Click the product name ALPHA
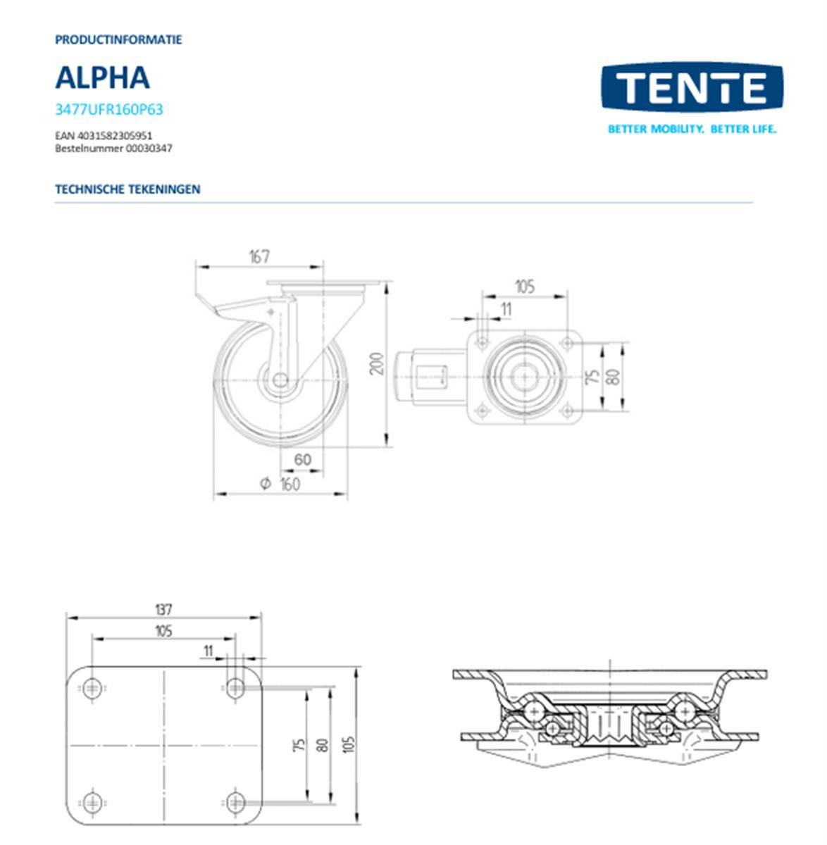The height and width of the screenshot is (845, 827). pyautogui.click(x=102, y=77)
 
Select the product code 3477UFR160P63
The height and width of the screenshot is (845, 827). pyautogui.click(x=108, y=109)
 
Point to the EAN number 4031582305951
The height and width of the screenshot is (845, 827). pyautogui.click(x=104, y=135)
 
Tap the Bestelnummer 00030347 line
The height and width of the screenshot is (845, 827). pyautogui.click(x=113, y=149)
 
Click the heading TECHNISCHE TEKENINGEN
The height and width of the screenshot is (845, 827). pyautogui.click(x=128, y=189)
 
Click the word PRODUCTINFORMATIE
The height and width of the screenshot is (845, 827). pyautogui.click(x=118, y=39)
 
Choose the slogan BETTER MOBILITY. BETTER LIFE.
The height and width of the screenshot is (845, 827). pyautogui.click(x=692, y=130)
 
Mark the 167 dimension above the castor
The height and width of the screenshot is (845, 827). pyautogui.click(x=259, y=257)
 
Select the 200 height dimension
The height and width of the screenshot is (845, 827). pyautogui.click(x=378, y=363)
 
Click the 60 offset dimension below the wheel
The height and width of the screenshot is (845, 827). pyautogui.click(x=302, y=460)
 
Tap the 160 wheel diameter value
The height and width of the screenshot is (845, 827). pyautogui.click(x=290, y=484)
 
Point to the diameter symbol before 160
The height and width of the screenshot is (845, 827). pyautogui.click(x=266, y=484)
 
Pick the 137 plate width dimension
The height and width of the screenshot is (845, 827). pyautogui.click(x=163, y=609)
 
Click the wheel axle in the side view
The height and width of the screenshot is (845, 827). pyautogui.click(x=280, y=380)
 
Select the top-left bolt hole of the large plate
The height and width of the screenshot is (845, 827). pyautogui.click(x=92, y=688)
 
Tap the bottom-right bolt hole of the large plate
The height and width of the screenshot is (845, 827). pyautogui.click(x=235, y=801)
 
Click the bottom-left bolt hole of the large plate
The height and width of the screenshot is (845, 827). pyautogui.click(x=92, y=801)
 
